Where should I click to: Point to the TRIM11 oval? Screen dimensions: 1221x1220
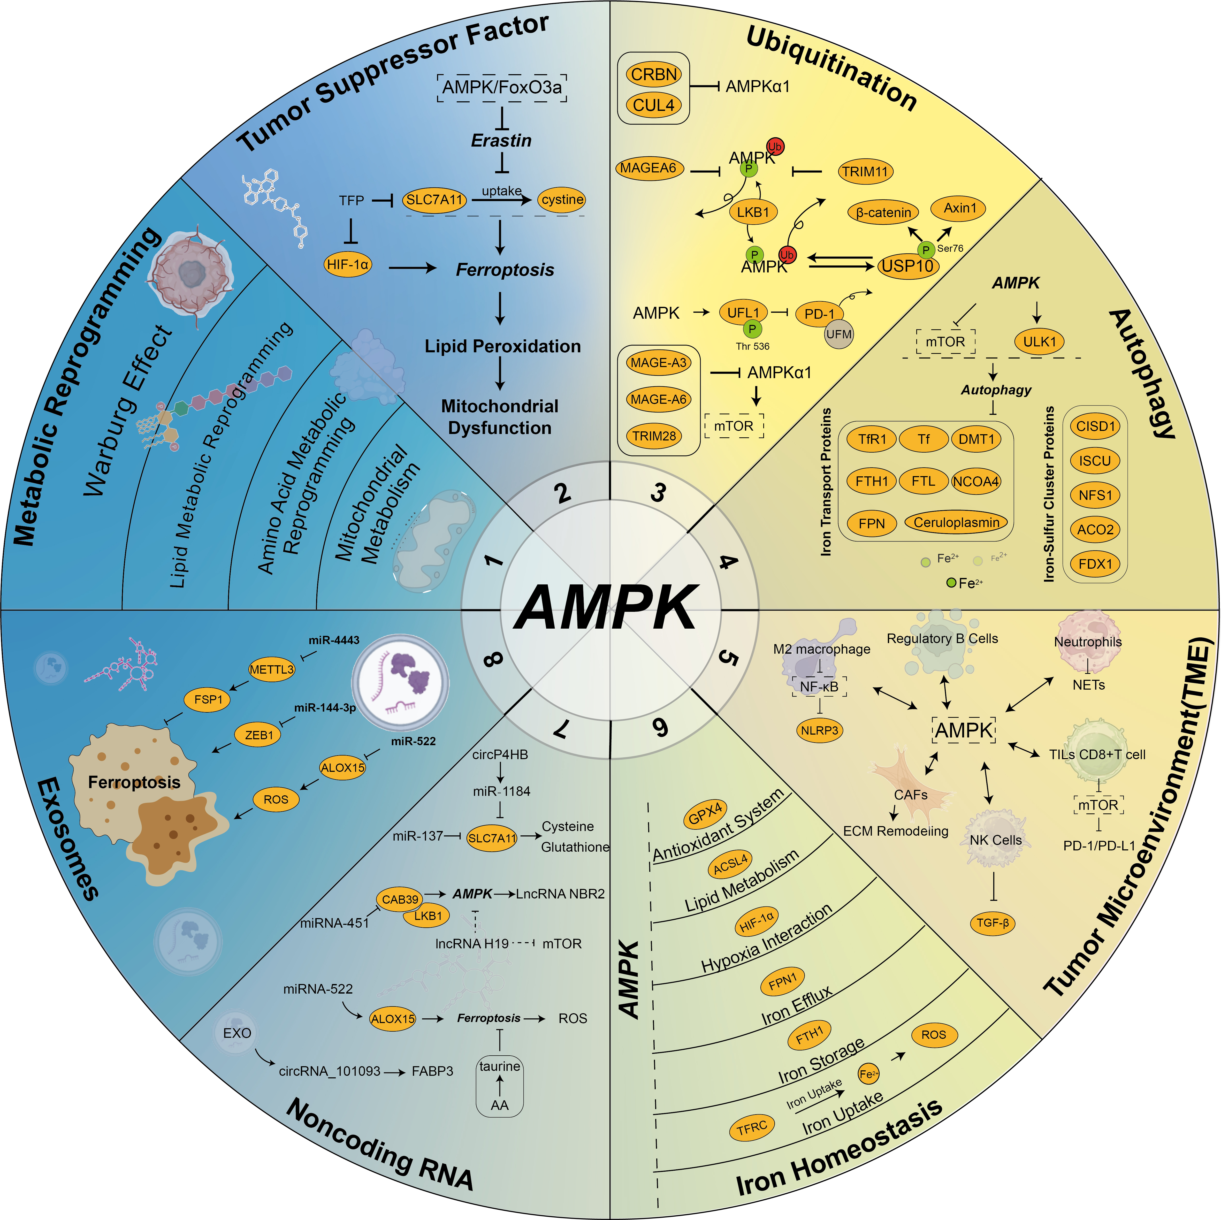865,171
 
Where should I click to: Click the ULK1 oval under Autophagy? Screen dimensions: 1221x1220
1040,341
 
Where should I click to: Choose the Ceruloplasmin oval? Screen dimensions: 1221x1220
956,523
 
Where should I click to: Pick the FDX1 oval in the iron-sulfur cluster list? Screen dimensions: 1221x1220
1095,564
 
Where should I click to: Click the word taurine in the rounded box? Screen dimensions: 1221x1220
499,1066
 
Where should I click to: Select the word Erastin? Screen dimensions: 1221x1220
501,140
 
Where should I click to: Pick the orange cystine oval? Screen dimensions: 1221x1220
562,200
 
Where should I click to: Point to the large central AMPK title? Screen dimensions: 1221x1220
607,607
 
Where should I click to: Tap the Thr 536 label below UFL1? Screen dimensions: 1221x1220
753,346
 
